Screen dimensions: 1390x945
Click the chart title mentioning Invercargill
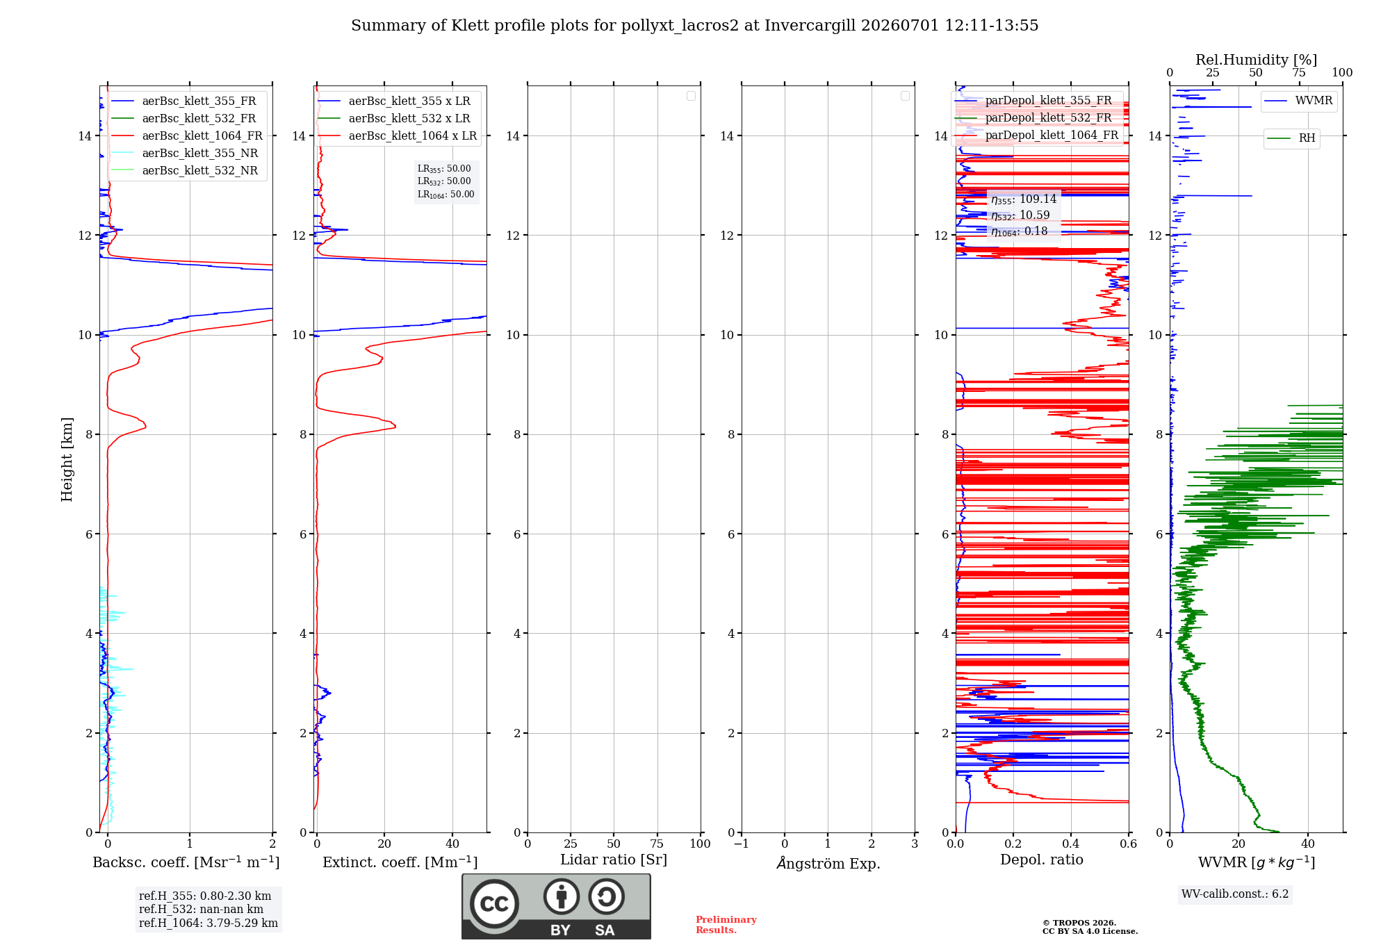694,26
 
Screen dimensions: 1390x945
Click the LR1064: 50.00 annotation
445,195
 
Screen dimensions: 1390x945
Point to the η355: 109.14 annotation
1024,199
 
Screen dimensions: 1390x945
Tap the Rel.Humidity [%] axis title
1256,60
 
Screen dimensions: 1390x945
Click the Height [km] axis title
67,459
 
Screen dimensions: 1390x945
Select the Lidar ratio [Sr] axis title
614,860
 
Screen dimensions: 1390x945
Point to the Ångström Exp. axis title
828,864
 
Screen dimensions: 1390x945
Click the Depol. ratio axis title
1042,860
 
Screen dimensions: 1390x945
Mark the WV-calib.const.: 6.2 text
1235,894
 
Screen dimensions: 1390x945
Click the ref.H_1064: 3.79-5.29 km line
208,923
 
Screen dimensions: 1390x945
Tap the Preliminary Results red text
726,925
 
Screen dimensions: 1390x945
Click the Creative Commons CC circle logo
494,904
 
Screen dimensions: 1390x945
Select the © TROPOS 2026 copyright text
1079,923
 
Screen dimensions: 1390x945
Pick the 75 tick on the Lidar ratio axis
657,844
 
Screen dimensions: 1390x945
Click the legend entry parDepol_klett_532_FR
1048,118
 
